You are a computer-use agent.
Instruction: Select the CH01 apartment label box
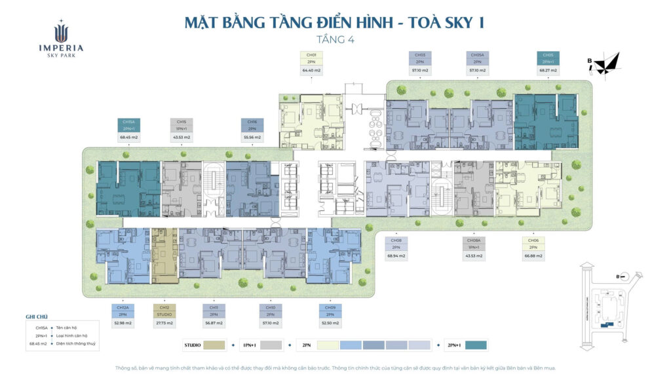point(311,58)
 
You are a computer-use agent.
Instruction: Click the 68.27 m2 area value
point(548,69)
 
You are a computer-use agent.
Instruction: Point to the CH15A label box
point(128,125)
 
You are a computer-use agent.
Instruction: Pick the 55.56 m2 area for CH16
point(252,138)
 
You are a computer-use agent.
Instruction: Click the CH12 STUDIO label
point(164,311)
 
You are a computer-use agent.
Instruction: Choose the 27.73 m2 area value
point(164,323)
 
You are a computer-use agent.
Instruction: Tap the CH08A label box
point(474,244)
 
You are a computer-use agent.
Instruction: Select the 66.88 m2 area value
point(532,256)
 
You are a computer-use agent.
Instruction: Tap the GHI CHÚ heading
point(37,316)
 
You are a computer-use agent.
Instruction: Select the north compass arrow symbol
point(609,63)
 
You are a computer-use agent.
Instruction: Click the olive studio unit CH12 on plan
point(164,256)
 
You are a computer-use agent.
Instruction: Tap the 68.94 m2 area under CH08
point(396,256)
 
